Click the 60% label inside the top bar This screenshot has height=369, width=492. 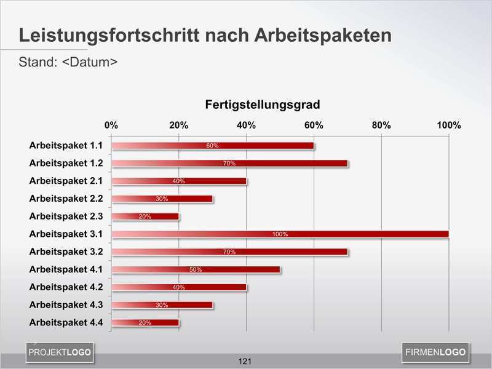tap(212, 146)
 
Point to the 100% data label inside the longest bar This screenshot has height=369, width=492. tap(280, 234)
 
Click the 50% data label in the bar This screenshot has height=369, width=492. tap(196, 269)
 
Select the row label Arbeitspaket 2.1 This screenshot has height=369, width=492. tap(66, 181)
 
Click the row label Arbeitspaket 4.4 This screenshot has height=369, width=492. tap(66, 322)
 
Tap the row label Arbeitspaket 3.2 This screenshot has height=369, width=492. tap(66, 252)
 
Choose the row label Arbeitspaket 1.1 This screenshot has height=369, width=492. tap(66, 146)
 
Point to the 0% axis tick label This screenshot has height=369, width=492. tap(111, 125)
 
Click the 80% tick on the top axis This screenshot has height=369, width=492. tap(381, 125)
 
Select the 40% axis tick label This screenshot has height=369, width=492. tap(246, 125)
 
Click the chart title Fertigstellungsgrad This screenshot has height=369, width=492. tap(262, 105)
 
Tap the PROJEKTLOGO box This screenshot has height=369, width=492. tap(60, 352)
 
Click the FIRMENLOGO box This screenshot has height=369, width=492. tap(435, 352)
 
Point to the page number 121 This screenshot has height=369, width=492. tap(245, 361)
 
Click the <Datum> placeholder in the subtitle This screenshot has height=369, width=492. tap(90, 62)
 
